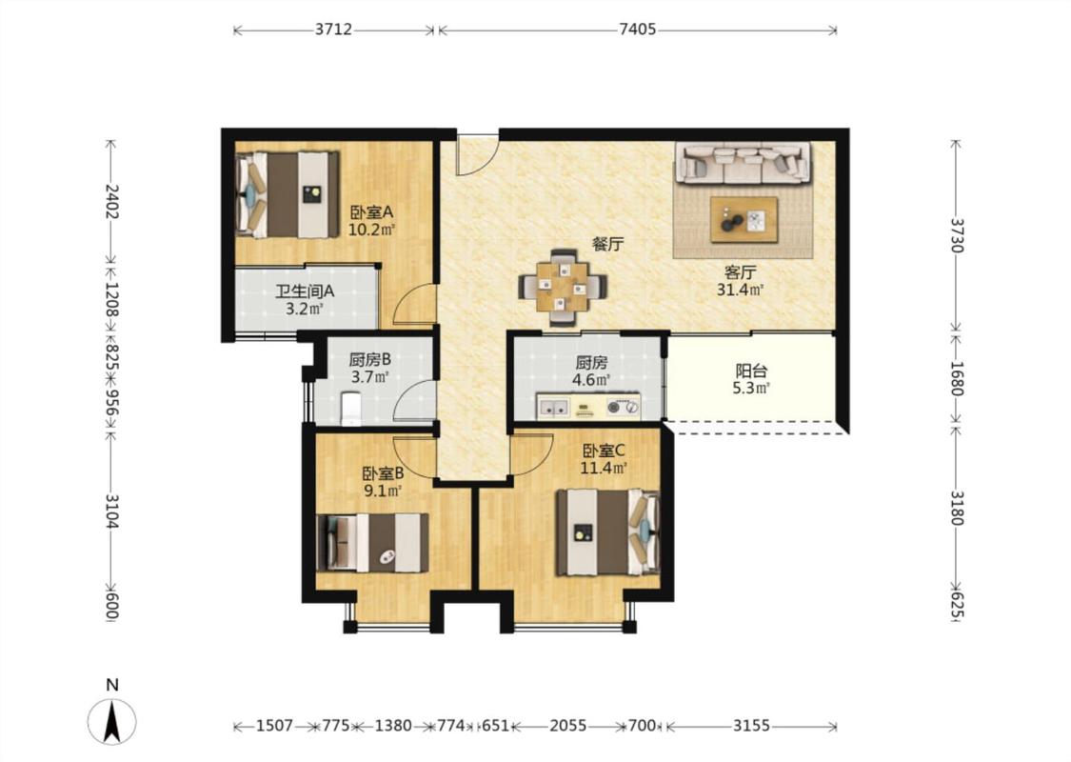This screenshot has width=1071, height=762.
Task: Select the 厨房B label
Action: tap(369, 359)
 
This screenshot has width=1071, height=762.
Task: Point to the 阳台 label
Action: tap(751, 371)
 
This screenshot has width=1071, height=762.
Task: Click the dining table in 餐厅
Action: tap(563, 287)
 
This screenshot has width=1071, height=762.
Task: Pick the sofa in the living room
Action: tap(744, 163)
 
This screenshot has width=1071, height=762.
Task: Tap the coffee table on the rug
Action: tap(744, 219)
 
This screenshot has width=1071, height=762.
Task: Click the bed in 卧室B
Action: tap(373, 543)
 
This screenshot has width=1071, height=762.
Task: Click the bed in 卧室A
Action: tap(287, 194)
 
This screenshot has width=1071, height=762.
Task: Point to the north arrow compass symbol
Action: tap(112, 722)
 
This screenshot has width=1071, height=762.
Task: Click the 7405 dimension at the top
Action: tap(637, 30)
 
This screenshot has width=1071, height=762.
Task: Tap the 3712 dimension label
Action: tap(333, 30)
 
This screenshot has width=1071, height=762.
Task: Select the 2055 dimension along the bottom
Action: tap(568, 726)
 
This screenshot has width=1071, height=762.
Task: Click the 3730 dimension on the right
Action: tap(956, 235)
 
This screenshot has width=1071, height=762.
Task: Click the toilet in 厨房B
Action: tap(351, 408)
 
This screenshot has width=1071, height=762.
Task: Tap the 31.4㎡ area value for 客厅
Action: tap(740, 290)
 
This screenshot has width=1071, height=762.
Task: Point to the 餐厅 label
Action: tap(608, 244)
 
